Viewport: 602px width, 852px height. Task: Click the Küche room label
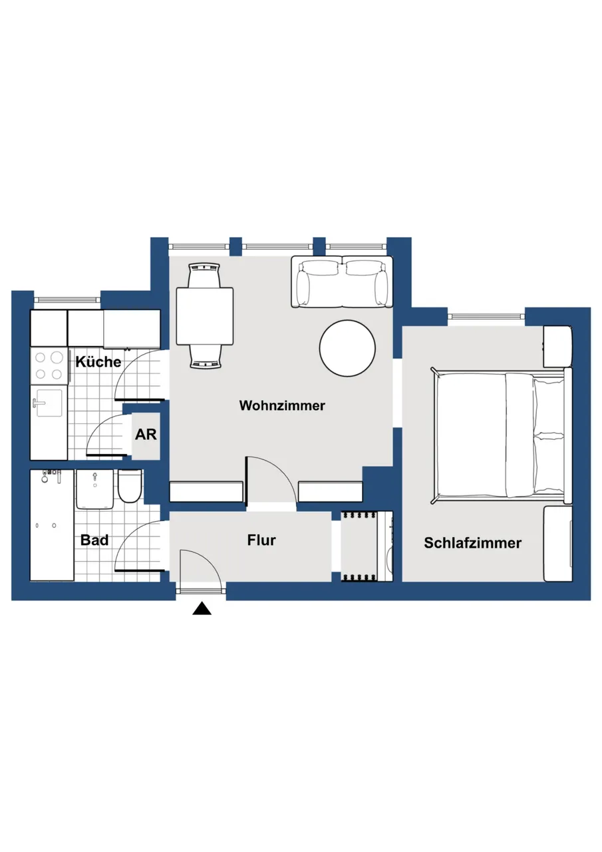[98, 361]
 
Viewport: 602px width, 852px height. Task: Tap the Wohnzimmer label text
[282, 405]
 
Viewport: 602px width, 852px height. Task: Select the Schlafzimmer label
[472, 543]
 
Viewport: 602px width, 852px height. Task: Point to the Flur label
[261, 540]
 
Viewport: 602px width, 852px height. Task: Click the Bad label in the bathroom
[94, 540]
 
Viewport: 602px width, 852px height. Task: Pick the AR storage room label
[146, 435]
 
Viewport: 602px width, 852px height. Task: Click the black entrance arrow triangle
[202, 608]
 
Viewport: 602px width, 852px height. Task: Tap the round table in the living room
[347, 348]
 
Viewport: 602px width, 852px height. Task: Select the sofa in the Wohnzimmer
[342, 282]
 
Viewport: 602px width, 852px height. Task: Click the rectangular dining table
[205, 316]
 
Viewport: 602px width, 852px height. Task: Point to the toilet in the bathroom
[130, 486]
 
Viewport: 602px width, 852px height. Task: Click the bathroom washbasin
[94, 489]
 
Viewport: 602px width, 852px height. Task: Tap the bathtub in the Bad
[52, 525]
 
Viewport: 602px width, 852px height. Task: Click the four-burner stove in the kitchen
[49, 365]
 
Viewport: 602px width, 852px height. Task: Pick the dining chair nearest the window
[205, 276]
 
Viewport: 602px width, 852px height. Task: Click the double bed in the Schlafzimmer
[502, 436]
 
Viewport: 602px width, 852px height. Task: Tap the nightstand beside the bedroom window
[558, 347]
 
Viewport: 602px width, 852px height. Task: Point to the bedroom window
[486, 316]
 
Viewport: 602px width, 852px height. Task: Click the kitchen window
[67, 300]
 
